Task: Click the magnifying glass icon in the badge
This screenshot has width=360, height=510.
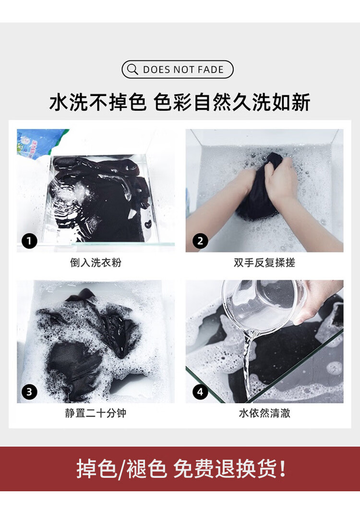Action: (x=132, y=69)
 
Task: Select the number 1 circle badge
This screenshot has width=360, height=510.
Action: (x=29, y=241)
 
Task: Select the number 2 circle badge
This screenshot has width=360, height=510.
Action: (x=200, y=241)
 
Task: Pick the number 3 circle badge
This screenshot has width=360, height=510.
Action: (x=29, y=392)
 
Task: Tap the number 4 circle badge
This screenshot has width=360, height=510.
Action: (x=200, y=392)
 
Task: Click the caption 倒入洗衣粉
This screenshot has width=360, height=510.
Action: (x=96, y=263)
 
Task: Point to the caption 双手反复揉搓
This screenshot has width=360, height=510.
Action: (x=264, y=263)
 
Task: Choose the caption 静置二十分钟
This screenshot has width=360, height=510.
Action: (x=96, y=413)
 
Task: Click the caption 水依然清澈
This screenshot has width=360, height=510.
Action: (x=264, y=413)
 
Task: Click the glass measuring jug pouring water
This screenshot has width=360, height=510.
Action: (x=264, y=306)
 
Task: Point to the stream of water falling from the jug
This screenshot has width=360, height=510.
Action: (x=248, y=364)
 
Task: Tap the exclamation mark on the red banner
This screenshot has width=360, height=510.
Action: (x=283, y=469)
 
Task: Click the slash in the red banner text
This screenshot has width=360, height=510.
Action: (x=121, y=469)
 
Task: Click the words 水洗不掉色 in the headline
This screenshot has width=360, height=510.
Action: (x=98, y=102)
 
